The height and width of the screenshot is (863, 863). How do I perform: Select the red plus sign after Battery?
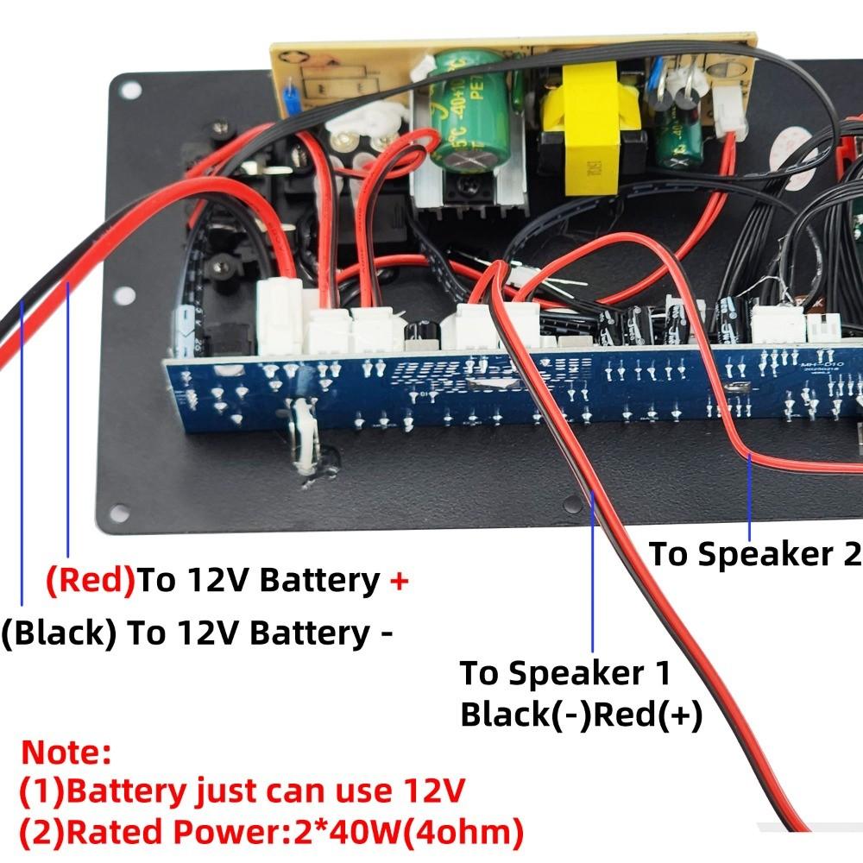pyautogui.click(x=398, y=581)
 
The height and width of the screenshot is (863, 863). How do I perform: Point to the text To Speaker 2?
pyautogui.click(x=754, y=554)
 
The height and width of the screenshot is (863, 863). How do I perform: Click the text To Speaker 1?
pyautogui.click(x=564, y=673)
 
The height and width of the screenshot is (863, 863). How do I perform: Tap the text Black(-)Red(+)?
pyautogui.click(x=582, y=715)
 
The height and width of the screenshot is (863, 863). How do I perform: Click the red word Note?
pyautogui.click(x=66, y=752)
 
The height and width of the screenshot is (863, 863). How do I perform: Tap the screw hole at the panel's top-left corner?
pyautogui.click(x=129, y=89)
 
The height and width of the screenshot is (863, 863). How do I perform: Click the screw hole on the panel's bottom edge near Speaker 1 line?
pyautogui.click(x=571, y=503)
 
